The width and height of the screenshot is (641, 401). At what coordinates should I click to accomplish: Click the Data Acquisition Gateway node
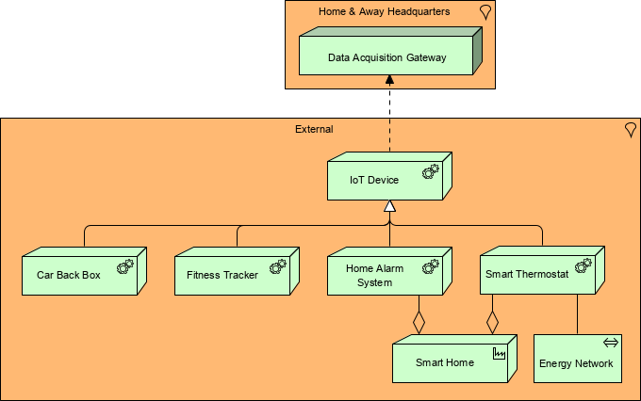tap(386, 57)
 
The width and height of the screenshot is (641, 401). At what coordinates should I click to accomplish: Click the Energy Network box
tap(577, 361)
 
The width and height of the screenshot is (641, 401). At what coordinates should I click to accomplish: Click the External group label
tap(314, 129)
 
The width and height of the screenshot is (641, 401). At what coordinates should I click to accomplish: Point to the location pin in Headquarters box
tap(485, 12)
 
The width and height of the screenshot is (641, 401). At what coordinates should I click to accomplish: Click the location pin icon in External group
tap(630, 130)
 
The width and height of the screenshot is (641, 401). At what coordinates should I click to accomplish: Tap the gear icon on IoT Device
tap(430, 171)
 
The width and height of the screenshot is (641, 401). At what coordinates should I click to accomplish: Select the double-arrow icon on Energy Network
tap(611, 343)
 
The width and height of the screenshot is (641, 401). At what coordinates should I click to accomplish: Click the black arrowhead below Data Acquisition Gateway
tap(389, 82)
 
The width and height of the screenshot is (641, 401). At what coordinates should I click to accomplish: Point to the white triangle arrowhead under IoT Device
tap(389, 206)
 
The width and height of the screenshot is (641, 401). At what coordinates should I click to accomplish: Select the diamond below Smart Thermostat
tap(491, 321)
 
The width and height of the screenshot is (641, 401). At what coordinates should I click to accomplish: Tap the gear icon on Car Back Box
tap(124, 266)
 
